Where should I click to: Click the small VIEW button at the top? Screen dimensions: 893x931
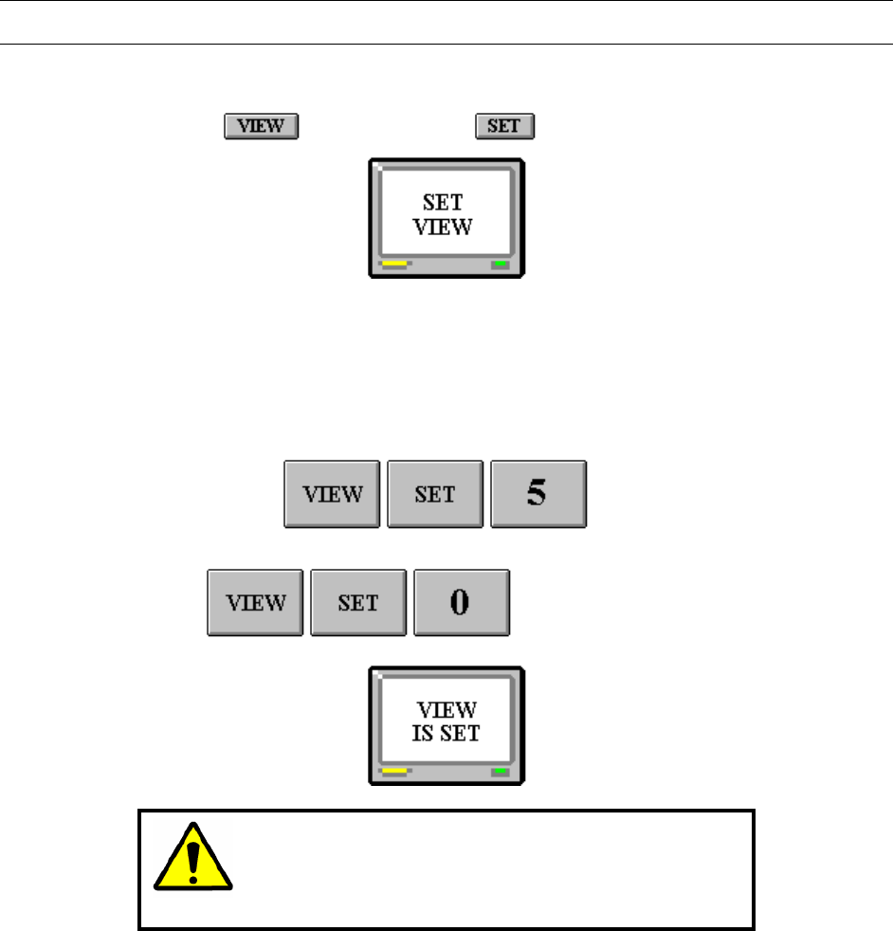click(x=261, y=126)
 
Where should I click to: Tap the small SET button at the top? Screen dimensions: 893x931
click(x=504, y=126)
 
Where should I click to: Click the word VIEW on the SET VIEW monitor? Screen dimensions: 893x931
click(x=446, y=228)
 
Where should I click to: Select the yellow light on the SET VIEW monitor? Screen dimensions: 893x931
click(x=394, y=264)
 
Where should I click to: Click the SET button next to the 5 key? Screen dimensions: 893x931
click(x=435, y=494)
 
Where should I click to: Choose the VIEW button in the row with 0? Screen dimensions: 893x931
click(x=255, y=603)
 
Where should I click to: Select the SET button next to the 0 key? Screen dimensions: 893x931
click(x=358, y=603)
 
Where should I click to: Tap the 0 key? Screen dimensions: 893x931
click(x=461, y=603)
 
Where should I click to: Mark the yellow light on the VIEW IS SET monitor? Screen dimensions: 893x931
click(x=394, y=771)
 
